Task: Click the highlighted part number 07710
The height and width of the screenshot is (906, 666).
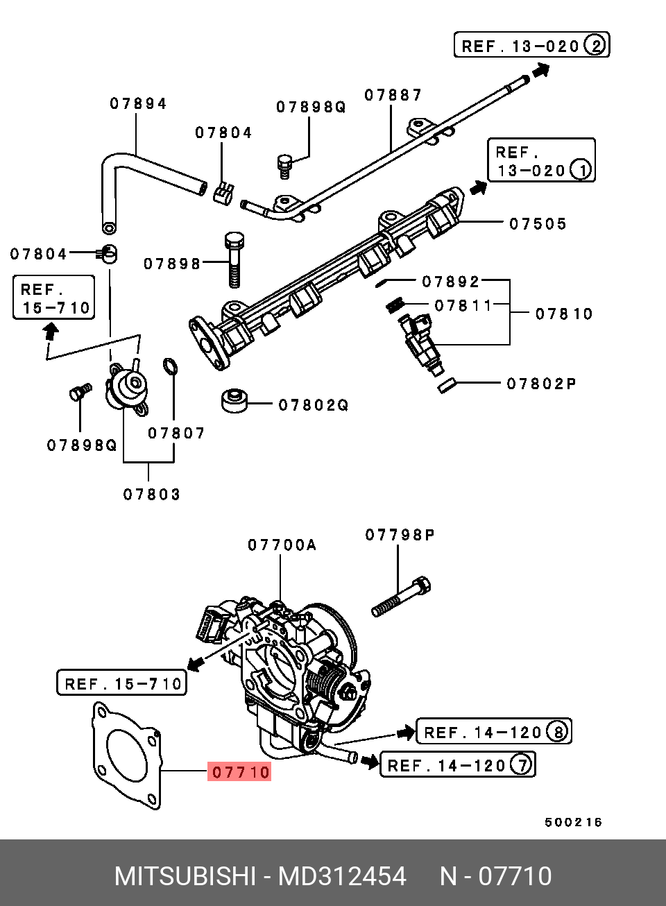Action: click(240, 771)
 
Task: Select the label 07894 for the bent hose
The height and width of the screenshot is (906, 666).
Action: click(138, 104)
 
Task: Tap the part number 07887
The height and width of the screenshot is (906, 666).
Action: click(393, 95)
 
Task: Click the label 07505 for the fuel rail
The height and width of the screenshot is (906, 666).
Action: click(538, 224)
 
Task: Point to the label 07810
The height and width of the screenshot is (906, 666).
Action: click(564, 314)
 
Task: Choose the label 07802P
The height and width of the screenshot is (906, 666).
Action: click(541, 384)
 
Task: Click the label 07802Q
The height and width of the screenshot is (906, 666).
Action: click(313, 404)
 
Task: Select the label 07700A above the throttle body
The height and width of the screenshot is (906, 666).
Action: click(282, 545)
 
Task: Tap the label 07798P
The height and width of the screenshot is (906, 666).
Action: click(400, 535)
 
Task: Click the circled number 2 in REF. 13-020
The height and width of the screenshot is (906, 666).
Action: click(595, 46)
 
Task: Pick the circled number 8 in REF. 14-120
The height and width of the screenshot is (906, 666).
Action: click(556, 731)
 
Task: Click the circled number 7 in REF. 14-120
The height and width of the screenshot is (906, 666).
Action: click(521, 764)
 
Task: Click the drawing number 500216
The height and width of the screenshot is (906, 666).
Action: click(573, 822)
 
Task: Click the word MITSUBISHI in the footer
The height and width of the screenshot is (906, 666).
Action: click(185, 876)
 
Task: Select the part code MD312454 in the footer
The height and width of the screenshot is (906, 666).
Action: click(342, 876)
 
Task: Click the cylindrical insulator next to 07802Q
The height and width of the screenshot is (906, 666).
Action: click(234, 400)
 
